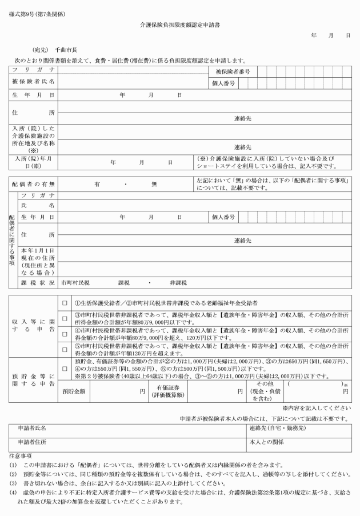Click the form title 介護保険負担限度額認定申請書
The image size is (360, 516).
click(x=180, y=26)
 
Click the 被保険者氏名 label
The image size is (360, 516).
click(x=34, y=82)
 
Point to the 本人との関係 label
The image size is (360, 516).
click(x=265, y=442)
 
